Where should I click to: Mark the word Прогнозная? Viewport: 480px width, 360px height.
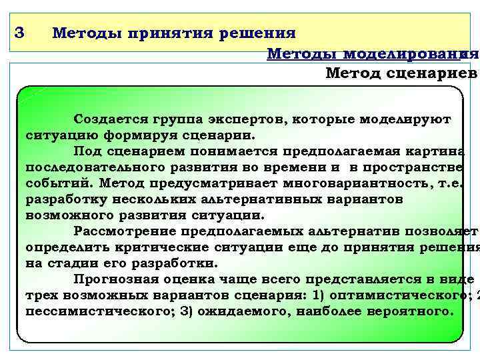tap(111, 279)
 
